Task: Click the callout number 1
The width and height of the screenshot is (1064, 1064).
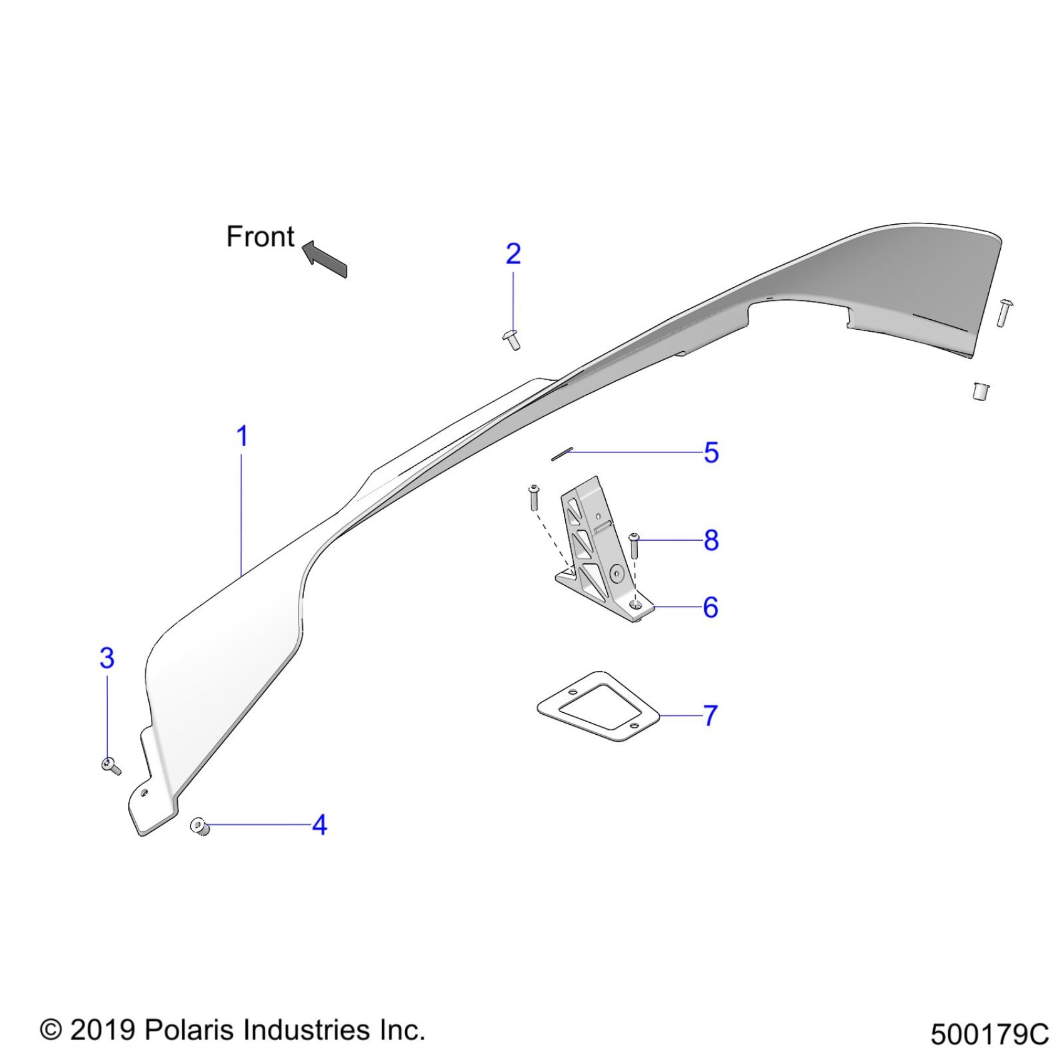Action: click(x=242, y=436)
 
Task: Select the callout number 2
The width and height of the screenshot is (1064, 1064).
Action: click(x=513, y=253)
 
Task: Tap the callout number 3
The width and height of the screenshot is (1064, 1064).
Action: click(x=107, y=658)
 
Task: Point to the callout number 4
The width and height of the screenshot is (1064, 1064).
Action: click(x=319, y=825)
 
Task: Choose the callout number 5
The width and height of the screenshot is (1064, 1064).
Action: click(x=711, y=453)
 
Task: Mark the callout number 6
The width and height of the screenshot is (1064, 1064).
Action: click(x=710, y=607)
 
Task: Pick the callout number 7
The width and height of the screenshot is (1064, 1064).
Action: click(x=710, y=715)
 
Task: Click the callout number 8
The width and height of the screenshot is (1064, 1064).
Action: click(x=711, y=540)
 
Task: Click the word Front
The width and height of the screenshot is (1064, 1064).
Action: click(x=260, y=237)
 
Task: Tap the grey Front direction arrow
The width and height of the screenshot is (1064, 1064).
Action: click(x=325, y=258)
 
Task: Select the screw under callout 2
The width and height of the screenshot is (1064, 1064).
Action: click(x=512, y=339)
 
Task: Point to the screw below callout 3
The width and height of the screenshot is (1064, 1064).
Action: click(x=111, y=765)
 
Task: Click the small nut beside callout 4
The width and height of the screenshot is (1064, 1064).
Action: click(x=200, y=826)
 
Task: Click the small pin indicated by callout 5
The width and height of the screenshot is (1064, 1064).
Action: click(x=561, y=453)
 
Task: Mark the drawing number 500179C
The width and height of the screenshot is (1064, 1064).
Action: click(x=989, y=1035)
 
